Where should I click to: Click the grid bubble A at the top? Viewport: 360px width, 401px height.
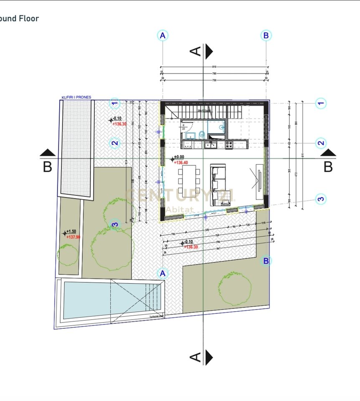pyautogui.click(x=163, y=36)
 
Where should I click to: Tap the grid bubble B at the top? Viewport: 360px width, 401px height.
pyautogui.click(x=266, y=36)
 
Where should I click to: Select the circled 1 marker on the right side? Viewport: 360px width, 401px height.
pyautogui.click(x=320, y=103)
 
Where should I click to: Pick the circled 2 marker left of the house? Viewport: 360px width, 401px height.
pyautogui.click(x=115, y=144)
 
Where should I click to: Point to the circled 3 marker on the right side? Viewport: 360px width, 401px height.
pyautogui.click(x=320, y=199)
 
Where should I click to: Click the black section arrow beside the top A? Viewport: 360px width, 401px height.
pyautogui.click(x=209, y=51)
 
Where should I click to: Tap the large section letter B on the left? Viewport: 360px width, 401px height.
pyautogui.click(x=48, y=167)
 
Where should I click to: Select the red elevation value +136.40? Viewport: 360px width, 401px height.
pyautogui.click(x=181, y=163)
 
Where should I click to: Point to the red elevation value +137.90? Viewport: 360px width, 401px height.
pyautogui.click(x=73, y=237)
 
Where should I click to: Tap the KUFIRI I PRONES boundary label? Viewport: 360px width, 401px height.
pyautogui.click(x=76, y=97)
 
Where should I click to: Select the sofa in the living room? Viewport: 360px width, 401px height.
pyautogui.click(x=217, y=183)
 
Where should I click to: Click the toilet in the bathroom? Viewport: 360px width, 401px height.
pyautogui.click(x=202, y=134)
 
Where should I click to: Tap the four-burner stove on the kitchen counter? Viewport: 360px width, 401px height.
pyautogui.click(x=229, y=145)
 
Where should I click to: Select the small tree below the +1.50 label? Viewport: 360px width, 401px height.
pyautogui.click(x=68, y=254)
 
